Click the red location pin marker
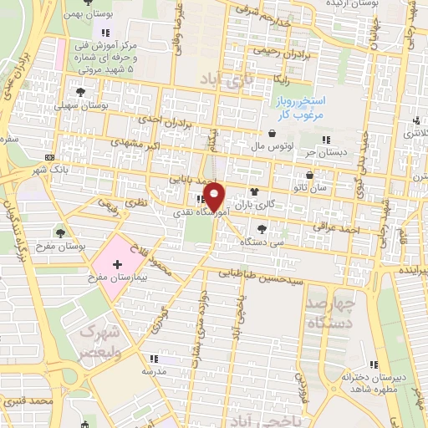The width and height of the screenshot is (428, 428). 215,196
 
